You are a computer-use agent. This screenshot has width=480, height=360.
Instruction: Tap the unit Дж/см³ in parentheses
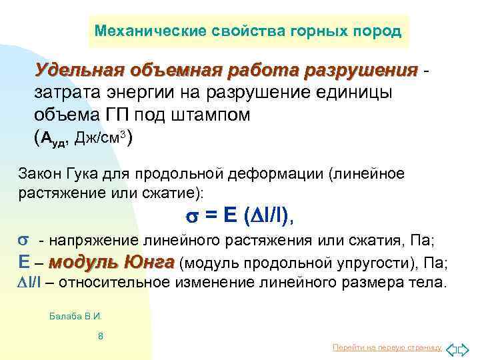(101, 137)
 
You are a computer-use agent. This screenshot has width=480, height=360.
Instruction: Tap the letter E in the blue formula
(231, 216)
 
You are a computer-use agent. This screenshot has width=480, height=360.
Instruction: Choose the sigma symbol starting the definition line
(21, 239)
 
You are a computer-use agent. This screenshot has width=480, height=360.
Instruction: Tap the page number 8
(100, 336)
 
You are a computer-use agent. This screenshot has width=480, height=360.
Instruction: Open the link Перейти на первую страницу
(387, 347)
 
